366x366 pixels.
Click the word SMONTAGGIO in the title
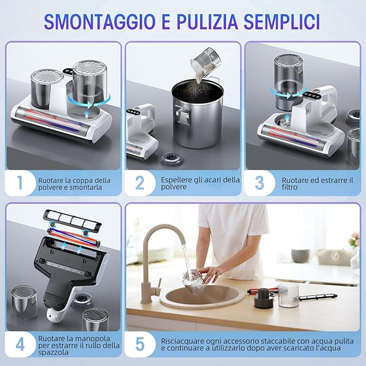coord(99,22)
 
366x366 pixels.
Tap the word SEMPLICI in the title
coord(282,22)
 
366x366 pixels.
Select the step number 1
coord(19,183)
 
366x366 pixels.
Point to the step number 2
coord(139,183)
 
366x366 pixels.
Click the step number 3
coord(259,183)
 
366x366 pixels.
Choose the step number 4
coord(20,344)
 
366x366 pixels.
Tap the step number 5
coord(140,344)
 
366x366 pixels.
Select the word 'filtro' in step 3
coord(289,187)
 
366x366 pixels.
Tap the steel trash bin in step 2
coord(198,114)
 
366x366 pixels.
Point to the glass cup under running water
coord(194,282)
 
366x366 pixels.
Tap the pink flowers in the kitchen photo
coord(354,239)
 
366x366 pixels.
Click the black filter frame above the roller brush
coord(73,218)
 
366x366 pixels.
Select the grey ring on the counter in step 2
coord(172,159)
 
